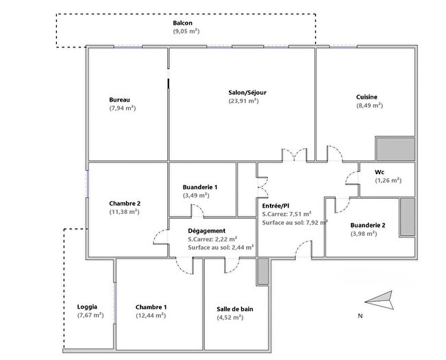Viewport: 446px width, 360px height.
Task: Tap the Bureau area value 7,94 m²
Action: click(123, 108)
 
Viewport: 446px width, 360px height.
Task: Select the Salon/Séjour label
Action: click(244, 92)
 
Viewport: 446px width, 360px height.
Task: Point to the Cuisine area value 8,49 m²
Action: click(369, 106)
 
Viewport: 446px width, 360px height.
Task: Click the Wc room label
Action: click(379, 171)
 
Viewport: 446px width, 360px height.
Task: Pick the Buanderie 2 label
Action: click(367, 225)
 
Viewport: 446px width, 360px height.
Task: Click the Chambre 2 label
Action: click(125, 204)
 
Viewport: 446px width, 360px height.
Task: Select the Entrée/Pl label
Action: click(276, 205)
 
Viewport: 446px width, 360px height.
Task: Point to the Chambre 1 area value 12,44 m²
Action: click(151, 315)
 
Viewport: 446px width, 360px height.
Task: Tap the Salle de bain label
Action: click(235, 309)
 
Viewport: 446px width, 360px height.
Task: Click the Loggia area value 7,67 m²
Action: click(90, 315)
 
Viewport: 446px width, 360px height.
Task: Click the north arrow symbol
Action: click(378, 299)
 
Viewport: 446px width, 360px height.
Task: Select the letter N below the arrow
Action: click(360, 316)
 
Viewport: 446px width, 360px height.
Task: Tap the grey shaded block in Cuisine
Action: click(395, 149)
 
